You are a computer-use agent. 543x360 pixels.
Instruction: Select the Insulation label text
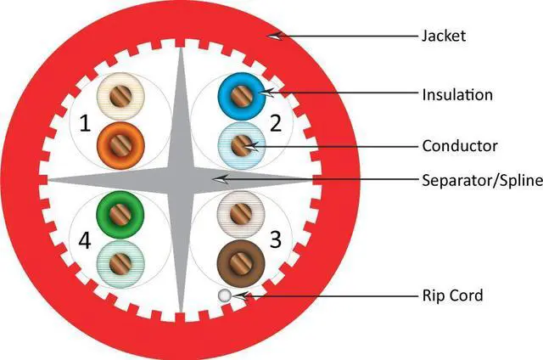click(x=456, y=94)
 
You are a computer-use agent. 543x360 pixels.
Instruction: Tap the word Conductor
click(x=459, y=146)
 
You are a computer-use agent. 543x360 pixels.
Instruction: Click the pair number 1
click(x=84, y=125)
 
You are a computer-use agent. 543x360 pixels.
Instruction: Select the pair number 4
click(x=84, y=241)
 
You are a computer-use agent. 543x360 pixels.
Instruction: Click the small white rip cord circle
click(x=224, y=295)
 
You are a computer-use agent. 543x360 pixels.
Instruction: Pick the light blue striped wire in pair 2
click(x=242, y=142)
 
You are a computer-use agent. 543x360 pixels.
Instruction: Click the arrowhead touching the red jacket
click(x=273, y=35)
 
